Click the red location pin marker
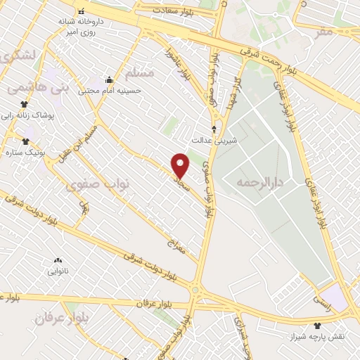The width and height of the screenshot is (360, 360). pyautogui.click(x=181, y=165)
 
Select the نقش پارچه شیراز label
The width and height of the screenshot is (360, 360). pyautogui.click(x=317, y=337)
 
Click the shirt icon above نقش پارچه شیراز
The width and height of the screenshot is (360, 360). pyautogui.click(x=317, y=326)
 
